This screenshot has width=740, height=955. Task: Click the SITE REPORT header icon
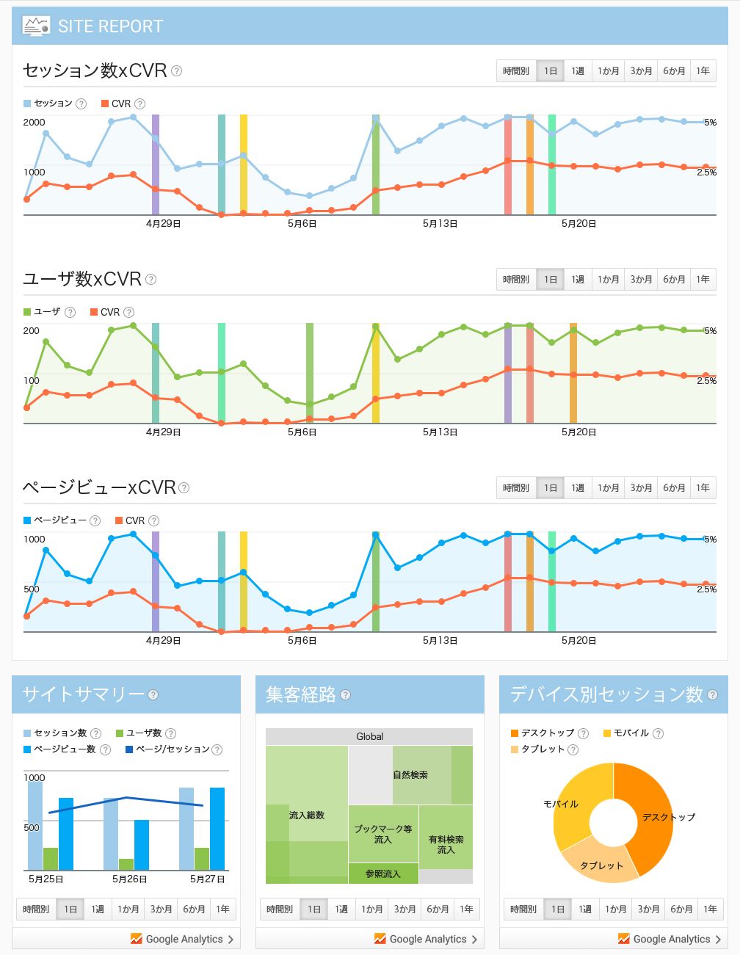pos(36,26)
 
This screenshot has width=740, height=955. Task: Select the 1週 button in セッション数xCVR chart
pos(578,71)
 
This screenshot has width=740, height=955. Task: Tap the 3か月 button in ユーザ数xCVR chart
pos(641,280)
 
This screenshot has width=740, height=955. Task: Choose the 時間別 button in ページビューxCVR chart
pos(515,488)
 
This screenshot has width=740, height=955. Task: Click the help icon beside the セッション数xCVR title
pos(176,71)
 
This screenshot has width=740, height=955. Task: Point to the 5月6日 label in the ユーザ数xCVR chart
pos(302,432)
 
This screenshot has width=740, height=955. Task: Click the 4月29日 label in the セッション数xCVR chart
pos(163,224)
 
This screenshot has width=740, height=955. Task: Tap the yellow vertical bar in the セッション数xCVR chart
pos(244,164)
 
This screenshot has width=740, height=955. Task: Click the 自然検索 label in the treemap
pos(410,775)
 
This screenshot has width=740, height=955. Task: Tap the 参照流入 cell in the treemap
pos(382,874)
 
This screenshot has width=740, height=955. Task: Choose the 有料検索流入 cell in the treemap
pos(446,844)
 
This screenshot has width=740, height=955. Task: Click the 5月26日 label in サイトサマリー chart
pos(129,879)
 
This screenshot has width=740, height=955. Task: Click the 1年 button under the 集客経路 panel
pos(466,909)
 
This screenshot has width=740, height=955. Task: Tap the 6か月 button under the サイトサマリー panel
pos(194,909)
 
